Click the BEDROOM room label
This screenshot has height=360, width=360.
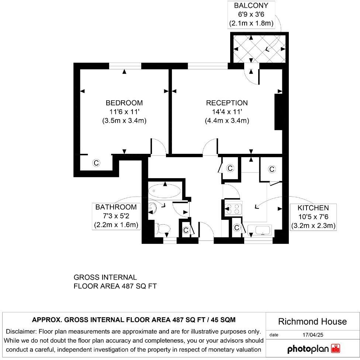pos(124,103)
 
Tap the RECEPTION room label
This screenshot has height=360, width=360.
pos(227,103)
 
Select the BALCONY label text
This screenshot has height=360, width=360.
pos(251,6)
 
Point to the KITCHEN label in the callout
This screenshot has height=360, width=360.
pos(313,208)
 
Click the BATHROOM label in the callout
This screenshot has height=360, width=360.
pos(116,207)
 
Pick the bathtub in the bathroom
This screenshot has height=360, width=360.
pos(164,191)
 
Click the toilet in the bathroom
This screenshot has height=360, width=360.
pos(162,229)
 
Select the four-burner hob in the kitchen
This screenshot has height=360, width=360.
pos(233,209)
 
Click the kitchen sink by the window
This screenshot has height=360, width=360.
pos(259,229)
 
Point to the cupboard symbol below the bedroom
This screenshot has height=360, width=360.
pos(96,163)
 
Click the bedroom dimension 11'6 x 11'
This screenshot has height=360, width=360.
pos(124,112)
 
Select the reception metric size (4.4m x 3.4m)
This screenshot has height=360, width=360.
pos(227,121)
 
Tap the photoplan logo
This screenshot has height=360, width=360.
pos(314,349)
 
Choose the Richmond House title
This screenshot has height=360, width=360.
pos(312,321)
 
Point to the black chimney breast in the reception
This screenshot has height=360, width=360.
pos(279,112)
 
